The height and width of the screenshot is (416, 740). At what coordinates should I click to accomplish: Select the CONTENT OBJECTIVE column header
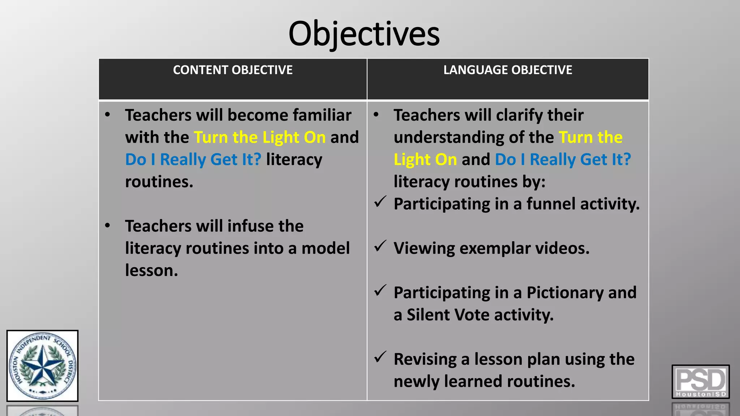point(233,70)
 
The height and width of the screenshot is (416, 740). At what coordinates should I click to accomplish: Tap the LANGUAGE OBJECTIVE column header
point(508,70)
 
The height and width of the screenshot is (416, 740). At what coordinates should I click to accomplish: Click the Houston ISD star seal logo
point(42,365)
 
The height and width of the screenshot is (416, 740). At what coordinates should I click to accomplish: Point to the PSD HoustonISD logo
point(700,381)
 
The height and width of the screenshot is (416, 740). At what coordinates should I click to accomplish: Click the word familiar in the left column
point(322,115)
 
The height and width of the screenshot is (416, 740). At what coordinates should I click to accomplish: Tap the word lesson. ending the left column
point(151,270)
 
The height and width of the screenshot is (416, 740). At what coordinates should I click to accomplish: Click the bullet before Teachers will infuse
point(107,226)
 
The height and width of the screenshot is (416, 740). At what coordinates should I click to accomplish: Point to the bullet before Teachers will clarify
point(376,115)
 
